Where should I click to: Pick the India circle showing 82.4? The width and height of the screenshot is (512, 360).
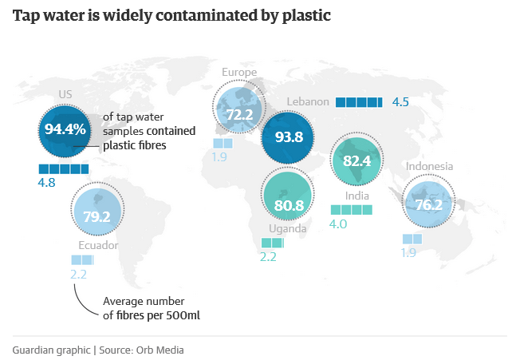357,160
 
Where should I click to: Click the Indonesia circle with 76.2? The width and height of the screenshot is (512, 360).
428,204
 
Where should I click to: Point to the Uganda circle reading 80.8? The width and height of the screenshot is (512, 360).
288,204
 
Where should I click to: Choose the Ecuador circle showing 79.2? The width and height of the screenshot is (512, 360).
96,216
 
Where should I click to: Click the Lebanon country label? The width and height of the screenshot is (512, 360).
307,102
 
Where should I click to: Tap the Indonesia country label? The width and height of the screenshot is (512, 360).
429,167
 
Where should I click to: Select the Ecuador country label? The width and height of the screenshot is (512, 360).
98,246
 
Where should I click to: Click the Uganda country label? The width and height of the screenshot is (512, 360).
287,228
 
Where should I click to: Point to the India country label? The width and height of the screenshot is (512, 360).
356,196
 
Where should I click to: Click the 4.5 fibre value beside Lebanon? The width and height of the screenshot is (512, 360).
400,102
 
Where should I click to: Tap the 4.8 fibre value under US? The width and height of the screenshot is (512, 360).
47,182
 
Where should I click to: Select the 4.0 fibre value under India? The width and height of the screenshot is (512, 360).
339,224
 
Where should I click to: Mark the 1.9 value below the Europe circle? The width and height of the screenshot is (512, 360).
221,157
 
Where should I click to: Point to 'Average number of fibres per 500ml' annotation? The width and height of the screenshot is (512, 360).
152,308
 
